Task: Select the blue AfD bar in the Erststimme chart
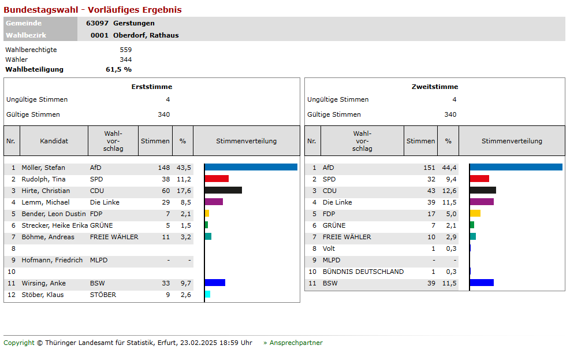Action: [251, 168]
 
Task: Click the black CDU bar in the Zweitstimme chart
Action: [483, 191]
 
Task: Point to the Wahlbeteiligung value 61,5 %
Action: [118, 69]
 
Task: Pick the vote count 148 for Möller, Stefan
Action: [164, 168]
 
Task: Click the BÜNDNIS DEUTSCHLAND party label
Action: [363, 272]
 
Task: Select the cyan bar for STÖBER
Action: [207, 295]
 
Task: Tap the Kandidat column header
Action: [54, 141]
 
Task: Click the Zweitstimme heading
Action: [435, 87]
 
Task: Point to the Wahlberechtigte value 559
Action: [125, 50]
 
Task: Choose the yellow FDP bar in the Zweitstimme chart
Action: [475, 214]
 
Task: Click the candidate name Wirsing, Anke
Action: [43, 283]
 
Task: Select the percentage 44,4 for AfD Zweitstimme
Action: [449, 168]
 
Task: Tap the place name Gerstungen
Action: [134, 23]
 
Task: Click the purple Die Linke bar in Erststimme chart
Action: [214, 202]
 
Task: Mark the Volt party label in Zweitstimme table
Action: [329, 248]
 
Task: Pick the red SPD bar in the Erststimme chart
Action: [217, 179]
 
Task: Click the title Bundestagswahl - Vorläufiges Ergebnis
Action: [92, 10]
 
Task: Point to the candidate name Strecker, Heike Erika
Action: [54, 225]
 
